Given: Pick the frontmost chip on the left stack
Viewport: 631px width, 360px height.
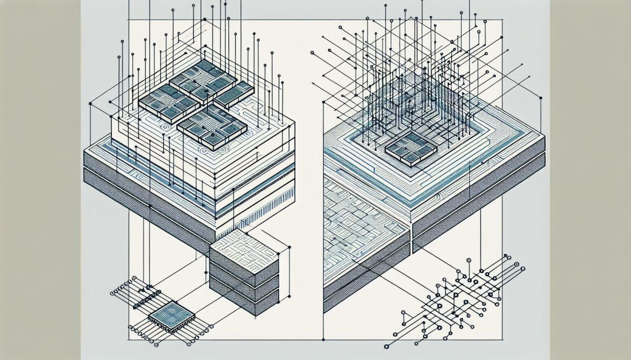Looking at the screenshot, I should point(212,127).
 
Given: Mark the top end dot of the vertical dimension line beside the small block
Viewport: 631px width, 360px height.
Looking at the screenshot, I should point(290,247).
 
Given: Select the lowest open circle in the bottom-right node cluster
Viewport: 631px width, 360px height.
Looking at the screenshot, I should point(386,346).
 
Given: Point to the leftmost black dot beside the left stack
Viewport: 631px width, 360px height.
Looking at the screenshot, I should point(90,105).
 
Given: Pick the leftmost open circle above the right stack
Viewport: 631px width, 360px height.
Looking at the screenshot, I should point(312,53).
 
